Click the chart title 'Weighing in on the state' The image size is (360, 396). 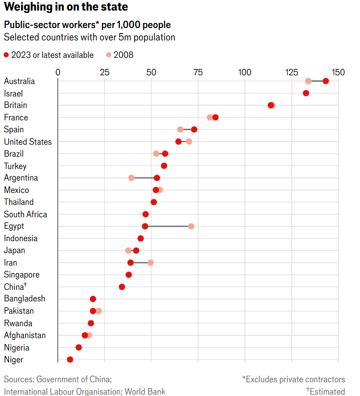[x=66, y=8]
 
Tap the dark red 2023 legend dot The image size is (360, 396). [x=6, y=55]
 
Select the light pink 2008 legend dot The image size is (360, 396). [x=109, y=55]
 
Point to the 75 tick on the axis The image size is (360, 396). [x=198, y=72]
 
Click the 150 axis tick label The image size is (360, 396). [x=338, y=72]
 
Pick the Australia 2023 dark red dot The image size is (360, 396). [x=326, y=81]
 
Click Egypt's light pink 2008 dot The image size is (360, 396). [x=191, y=226]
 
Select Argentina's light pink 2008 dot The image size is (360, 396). [x=131, y=178]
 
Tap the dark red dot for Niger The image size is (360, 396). [x=70, y=359]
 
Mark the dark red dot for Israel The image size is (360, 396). [x=306, y=93]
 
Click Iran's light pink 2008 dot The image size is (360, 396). [x=150, y=262]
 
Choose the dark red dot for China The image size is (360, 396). [x=122, y=287]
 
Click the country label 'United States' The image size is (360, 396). [x=28, y=142]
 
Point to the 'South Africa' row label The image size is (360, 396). [x=25, y=215]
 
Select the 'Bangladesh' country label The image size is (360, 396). [x=24, y=299]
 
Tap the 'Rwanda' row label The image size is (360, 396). [x=18, y=323]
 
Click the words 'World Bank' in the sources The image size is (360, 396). [x=144, y=391]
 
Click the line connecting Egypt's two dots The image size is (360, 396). [x=168, y=226]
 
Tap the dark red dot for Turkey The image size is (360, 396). [x=164, y=166]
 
